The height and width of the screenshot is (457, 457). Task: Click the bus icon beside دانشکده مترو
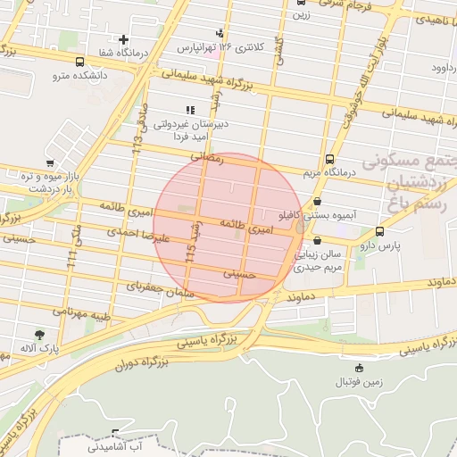(x=81, y=62)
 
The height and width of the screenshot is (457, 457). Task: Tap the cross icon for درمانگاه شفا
(x=123, y=39)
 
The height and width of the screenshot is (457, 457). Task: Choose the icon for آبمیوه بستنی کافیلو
(x=319, y=202)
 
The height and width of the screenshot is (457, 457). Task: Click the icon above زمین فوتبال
(x=359, y=368)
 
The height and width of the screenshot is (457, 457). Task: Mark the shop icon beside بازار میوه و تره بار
(x=49, y=162)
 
